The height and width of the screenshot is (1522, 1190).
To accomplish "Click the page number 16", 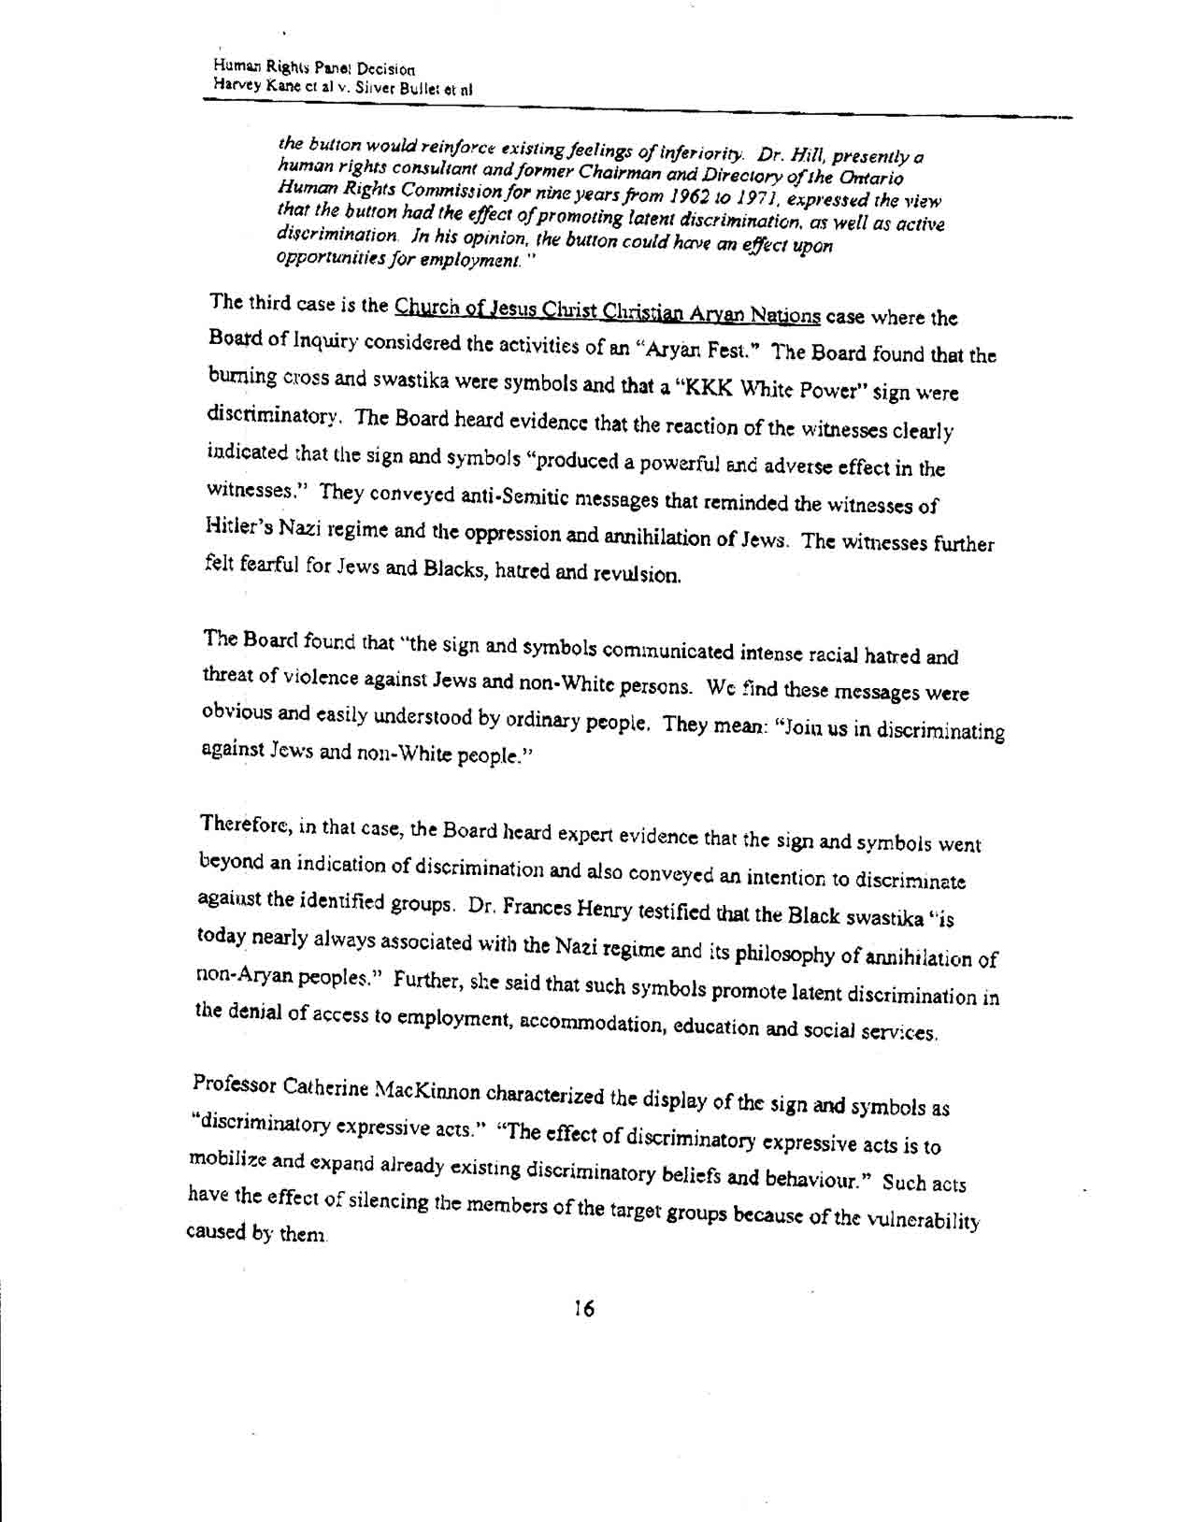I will point(585,1308).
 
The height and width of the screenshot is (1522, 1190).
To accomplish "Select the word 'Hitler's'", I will point(239,525).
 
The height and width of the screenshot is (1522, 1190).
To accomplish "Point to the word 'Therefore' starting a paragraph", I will point(244,825).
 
